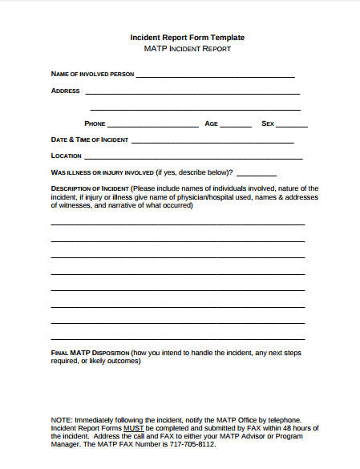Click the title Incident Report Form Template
[x=188, y=38]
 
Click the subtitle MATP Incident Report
[x=188, y=49]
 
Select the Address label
[x=65, y=91]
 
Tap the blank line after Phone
[x=152, y=126]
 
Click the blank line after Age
[x=235, y=126]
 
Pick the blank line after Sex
[x=292, y=126]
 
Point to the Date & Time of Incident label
[x=89, y=139]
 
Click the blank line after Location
[x=193, y=157]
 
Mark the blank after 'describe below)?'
[x=257, y=174]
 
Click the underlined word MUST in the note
[x=133, y=428]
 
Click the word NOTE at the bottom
[x=61, y=420]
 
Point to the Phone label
[x=95, y=124]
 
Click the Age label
[x=211, y=124]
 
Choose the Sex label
[x=268, y=124]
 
